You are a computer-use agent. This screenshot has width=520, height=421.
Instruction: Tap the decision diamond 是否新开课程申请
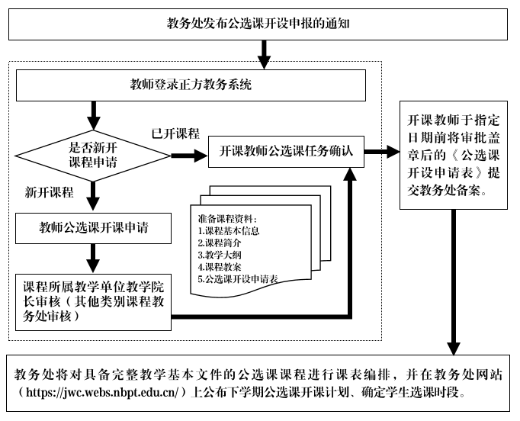click(x=94, y=154)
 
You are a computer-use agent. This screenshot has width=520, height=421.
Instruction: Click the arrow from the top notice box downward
click(x=262, y=50)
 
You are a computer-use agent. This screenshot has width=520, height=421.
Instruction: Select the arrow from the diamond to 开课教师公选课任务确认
click(x=188, y=155)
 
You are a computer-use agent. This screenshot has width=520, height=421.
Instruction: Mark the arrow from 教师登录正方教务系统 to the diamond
click(x=94, y=114)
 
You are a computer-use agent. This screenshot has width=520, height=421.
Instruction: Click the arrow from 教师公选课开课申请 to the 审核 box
click(x=94, y=255)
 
